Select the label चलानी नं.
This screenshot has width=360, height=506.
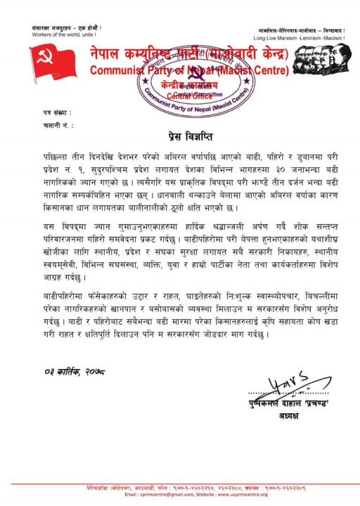55,124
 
